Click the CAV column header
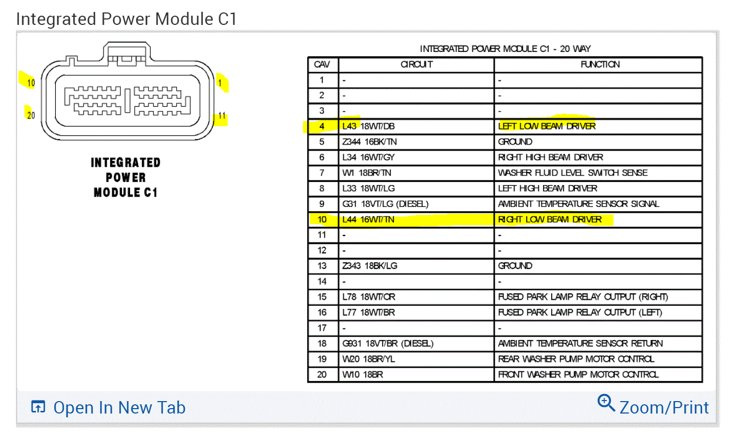[x=322, y=64]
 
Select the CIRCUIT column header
[x=416, y=64]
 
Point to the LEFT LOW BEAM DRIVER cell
[x=546, y=126]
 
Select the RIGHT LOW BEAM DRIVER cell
[x=550, y=219]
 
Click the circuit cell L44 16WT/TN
[x=369, y=219]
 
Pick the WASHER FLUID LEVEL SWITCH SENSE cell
[x=572, y=173]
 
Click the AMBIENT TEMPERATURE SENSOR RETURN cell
[x=580, y=343]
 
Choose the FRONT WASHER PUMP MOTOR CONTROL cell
[x=578, y=374]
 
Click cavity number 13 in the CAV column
[x=322, y=266]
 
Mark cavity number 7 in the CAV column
[x=322, y=173]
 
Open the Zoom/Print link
[x=663, y=408]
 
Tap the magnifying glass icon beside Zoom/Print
[x=606, y=403]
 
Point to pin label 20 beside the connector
[x=30, y=115]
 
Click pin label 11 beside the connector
[x=222, y=116]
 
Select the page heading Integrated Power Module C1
[x=126, y=18]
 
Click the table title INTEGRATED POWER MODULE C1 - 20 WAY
[x=505, y=49]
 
